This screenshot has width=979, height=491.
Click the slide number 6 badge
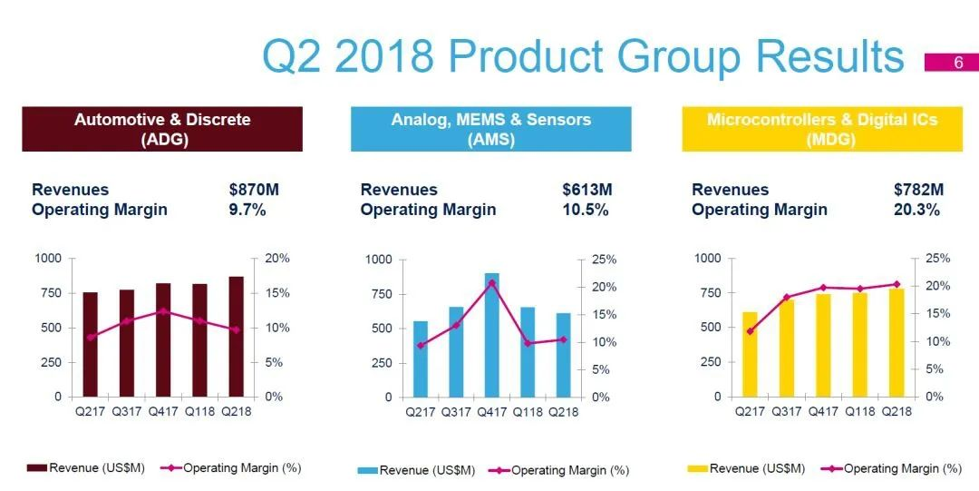point(951,63)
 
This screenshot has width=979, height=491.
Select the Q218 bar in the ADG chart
point(236,336)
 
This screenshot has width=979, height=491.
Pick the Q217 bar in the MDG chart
point(750,354)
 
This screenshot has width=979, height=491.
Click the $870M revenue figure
point(255,190)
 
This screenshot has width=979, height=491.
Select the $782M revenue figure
point(917,190)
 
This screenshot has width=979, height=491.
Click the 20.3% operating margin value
point(916,210)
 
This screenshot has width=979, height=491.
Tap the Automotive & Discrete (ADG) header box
point(162,129)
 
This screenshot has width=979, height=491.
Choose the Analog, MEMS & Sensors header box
point(490,129)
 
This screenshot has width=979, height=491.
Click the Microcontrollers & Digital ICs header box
point(821,129)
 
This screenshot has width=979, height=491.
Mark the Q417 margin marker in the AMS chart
point(491,283)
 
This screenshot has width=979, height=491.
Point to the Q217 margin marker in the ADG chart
point(91,337)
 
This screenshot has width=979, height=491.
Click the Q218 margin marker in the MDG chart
point(897,284)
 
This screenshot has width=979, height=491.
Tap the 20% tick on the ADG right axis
point(277,259)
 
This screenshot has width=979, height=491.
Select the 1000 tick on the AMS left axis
point(379,260)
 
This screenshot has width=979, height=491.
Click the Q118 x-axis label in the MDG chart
point(859,411)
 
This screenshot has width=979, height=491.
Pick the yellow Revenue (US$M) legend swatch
point(696,469)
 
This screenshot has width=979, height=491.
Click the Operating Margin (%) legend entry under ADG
point(231,468)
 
